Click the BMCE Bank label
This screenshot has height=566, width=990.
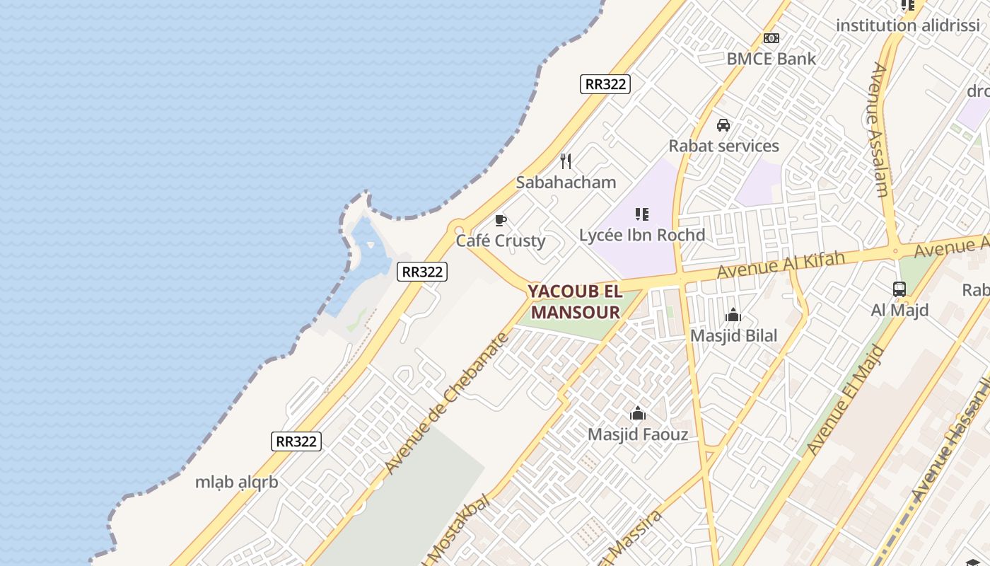click(x=771, y=59)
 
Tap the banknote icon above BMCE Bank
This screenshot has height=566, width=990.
click(x=771, y=38)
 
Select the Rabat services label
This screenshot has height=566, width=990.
click(x=723, y=146)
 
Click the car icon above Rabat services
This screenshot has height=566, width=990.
click(x=723, y=125)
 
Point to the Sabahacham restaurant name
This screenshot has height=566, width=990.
click(x=566, y=183)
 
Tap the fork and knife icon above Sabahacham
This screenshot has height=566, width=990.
click(x=566, y=161)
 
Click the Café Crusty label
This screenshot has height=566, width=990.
click(x=501, y=241)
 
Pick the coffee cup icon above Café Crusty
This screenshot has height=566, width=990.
click(x=501, y=221)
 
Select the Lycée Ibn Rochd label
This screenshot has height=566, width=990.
click(x=642, y=235)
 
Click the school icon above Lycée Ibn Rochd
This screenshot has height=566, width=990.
click(x=642, y=214)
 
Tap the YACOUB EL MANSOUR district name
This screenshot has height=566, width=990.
click(x=575, y=301)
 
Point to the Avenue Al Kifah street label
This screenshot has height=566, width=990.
click(x=781, y=264)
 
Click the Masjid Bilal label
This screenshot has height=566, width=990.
click(x=733, y=336)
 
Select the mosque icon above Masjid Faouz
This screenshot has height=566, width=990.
click(x=638, y=413)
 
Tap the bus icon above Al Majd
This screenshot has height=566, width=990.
click(x=899, y=289)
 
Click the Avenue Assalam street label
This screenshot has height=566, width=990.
click(x=878, y=129)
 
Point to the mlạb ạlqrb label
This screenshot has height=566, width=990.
click(x=236, y=483)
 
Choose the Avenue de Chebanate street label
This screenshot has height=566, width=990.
click(x=447, y=403)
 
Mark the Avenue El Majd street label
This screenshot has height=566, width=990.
click(x=846, y=400)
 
